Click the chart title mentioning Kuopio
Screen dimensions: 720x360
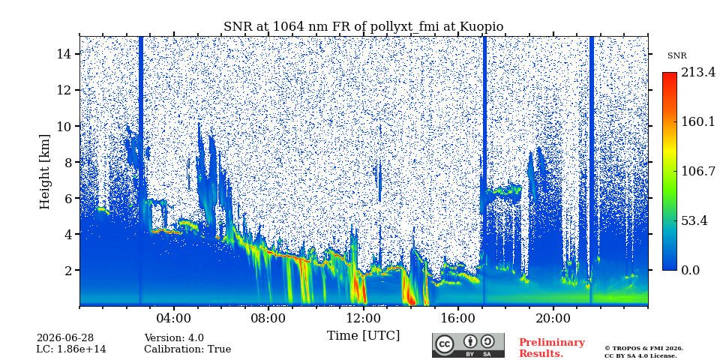point(363,27)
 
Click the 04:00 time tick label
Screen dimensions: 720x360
point(175,319)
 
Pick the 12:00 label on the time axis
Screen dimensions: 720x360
point(364,319)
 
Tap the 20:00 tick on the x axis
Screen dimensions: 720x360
point(553,319)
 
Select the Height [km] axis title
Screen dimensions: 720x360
point(44,172)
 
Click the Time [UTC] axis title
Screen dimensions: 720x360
point(363,336)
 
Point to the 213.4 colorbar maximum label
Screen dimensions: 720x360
point(698,73)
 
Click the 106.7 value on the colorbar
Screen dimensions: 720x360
point(698,172)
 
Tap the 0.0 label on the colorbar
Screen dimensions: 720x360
point(691,271)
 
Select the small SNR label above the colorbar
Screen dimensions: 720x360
point(676,56)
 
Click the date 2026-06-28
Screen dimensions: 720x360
point(65,338)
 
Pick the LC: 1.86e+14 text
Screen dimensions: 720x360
point(71,349)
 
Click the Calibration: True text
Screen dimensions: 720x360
point(187,349)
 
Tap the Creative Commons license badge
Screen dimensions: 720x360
point(468,345)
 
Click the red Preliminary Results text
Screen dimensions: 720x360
point(552,348)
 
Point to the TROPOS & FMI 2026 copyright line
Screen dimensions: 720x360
point(643,349)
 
